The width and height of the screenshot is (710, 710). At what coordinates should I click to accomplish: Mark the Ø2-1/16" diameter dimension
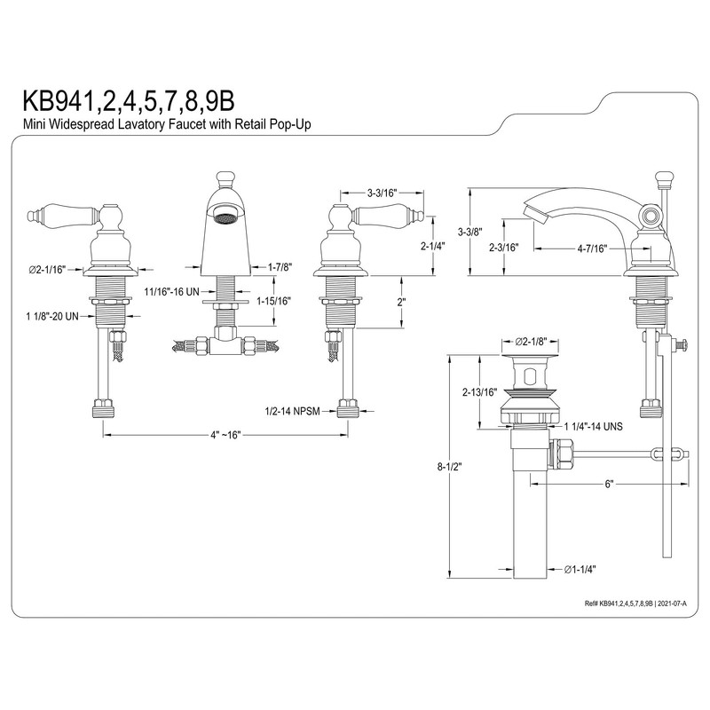(48, 268)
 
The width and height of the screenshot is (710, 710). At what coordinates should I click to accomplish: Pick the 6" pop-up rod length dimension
(610, 484)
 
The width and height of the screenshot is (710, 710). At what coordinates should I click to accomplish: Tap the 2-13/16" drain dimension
(479, 392)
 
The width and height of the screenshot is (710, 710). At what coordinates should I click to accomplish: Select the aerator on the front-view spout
(225, 214)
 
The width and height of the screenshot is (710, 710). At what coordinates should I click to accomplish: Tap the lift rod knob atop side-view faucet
(661, 180)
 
